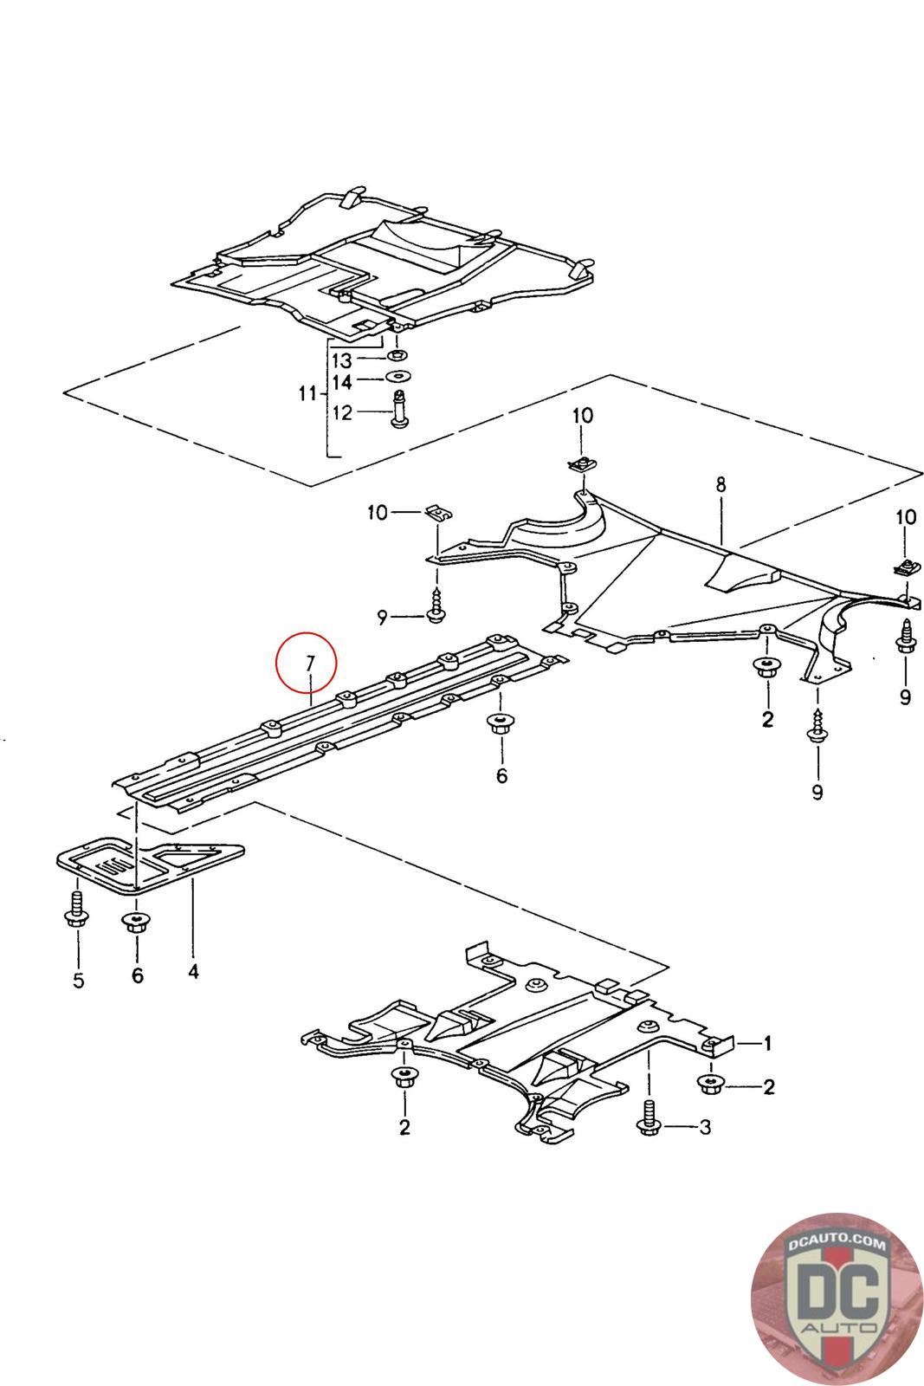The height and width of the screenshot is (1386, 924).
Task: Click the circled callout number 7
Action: point(308,663)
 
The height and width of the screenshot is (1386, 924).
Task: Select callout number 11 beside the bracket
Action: point(307,394)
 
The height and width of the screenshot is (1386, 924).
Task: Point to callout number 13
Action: point(342,359)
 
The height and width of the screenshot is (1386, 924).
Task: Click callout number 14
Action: point(342,381)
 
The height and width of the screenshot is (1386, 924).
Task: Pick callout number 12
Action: point(342,412)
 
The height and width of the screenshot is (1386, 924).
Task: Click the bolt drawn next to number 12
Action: point(400,411)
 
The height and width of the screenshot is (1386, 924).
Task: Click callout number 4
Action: point(193,971)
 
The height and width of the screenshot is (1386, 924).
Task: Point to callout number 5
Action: point(78,981)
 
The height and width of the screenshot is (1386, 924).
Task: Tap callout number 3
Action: point(705,1127)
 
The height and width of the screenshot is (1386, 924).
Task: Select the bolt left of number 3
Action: point(649,1118)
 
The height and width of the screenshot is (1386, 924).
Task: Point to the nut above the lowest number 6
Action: point(133,923)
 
